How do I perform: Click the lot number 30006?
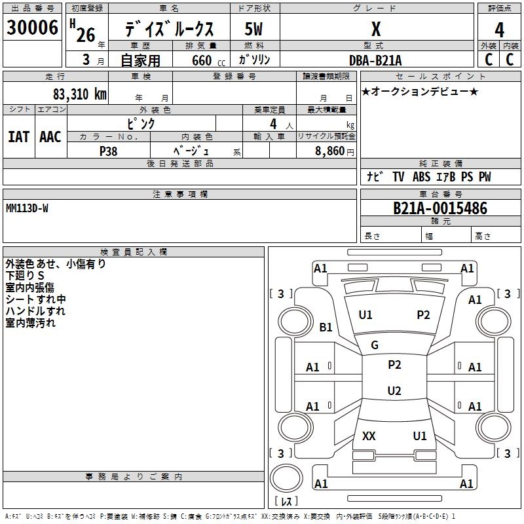click(x=32, y=28)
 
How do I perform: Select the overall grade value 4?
click(x=499, y=30)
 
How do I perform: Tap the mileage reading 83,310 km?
click(x=79, y=94)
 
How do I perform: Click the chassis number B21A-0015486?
click(x=440, y=208)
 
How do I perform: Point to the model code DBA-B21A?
click(x=375, y=60)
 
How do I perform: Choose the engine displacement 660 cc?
click(x=208, y=61)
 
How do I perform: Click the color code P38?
click(x=108, y=151)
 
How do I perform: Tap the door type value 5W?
click(x=253, y=29)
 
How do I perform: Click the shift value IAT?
click(x=19, y=137)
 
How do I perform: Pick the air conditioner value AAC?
click(x=50, y=137)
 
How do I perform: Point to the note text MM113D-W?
click(x=27, y=208)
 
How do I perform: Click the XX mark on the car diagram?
click(x=369, y=436)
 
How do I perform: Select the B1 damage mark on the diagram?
click(x=326, y=327)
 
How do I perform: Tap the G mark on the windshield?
click(x=375, y=345)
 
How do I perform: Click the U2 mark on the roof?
click(x=394, y=390)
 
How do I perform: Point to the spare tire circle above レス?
click(x=286, y=478)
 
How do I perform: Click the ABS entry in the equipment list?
click(x=421, y=177)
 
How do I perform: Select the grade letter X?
click(x=376, y=29)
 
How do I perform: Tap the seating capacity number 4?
click(x=273, y=124)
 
